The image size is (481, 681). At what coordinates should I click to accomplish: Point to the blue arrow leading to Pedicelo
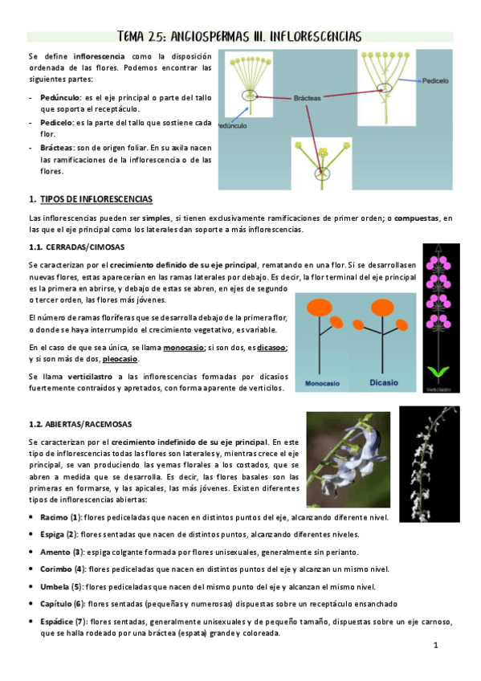(410, 81)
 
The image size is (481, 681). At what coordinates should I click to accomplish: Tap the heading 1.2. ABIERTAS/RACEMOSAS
(79, 423)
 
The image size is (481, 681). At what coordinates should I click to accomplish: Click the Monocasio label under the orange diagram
(328, 384)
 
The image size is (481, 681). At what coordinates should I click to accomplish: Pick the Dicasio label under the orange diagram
(384, 383)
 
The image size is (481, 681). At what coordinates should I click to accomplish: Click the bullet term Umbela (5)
(62, 586)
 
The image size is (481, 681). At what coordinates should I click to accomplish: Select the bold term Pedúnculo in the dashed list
(61, 96)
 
